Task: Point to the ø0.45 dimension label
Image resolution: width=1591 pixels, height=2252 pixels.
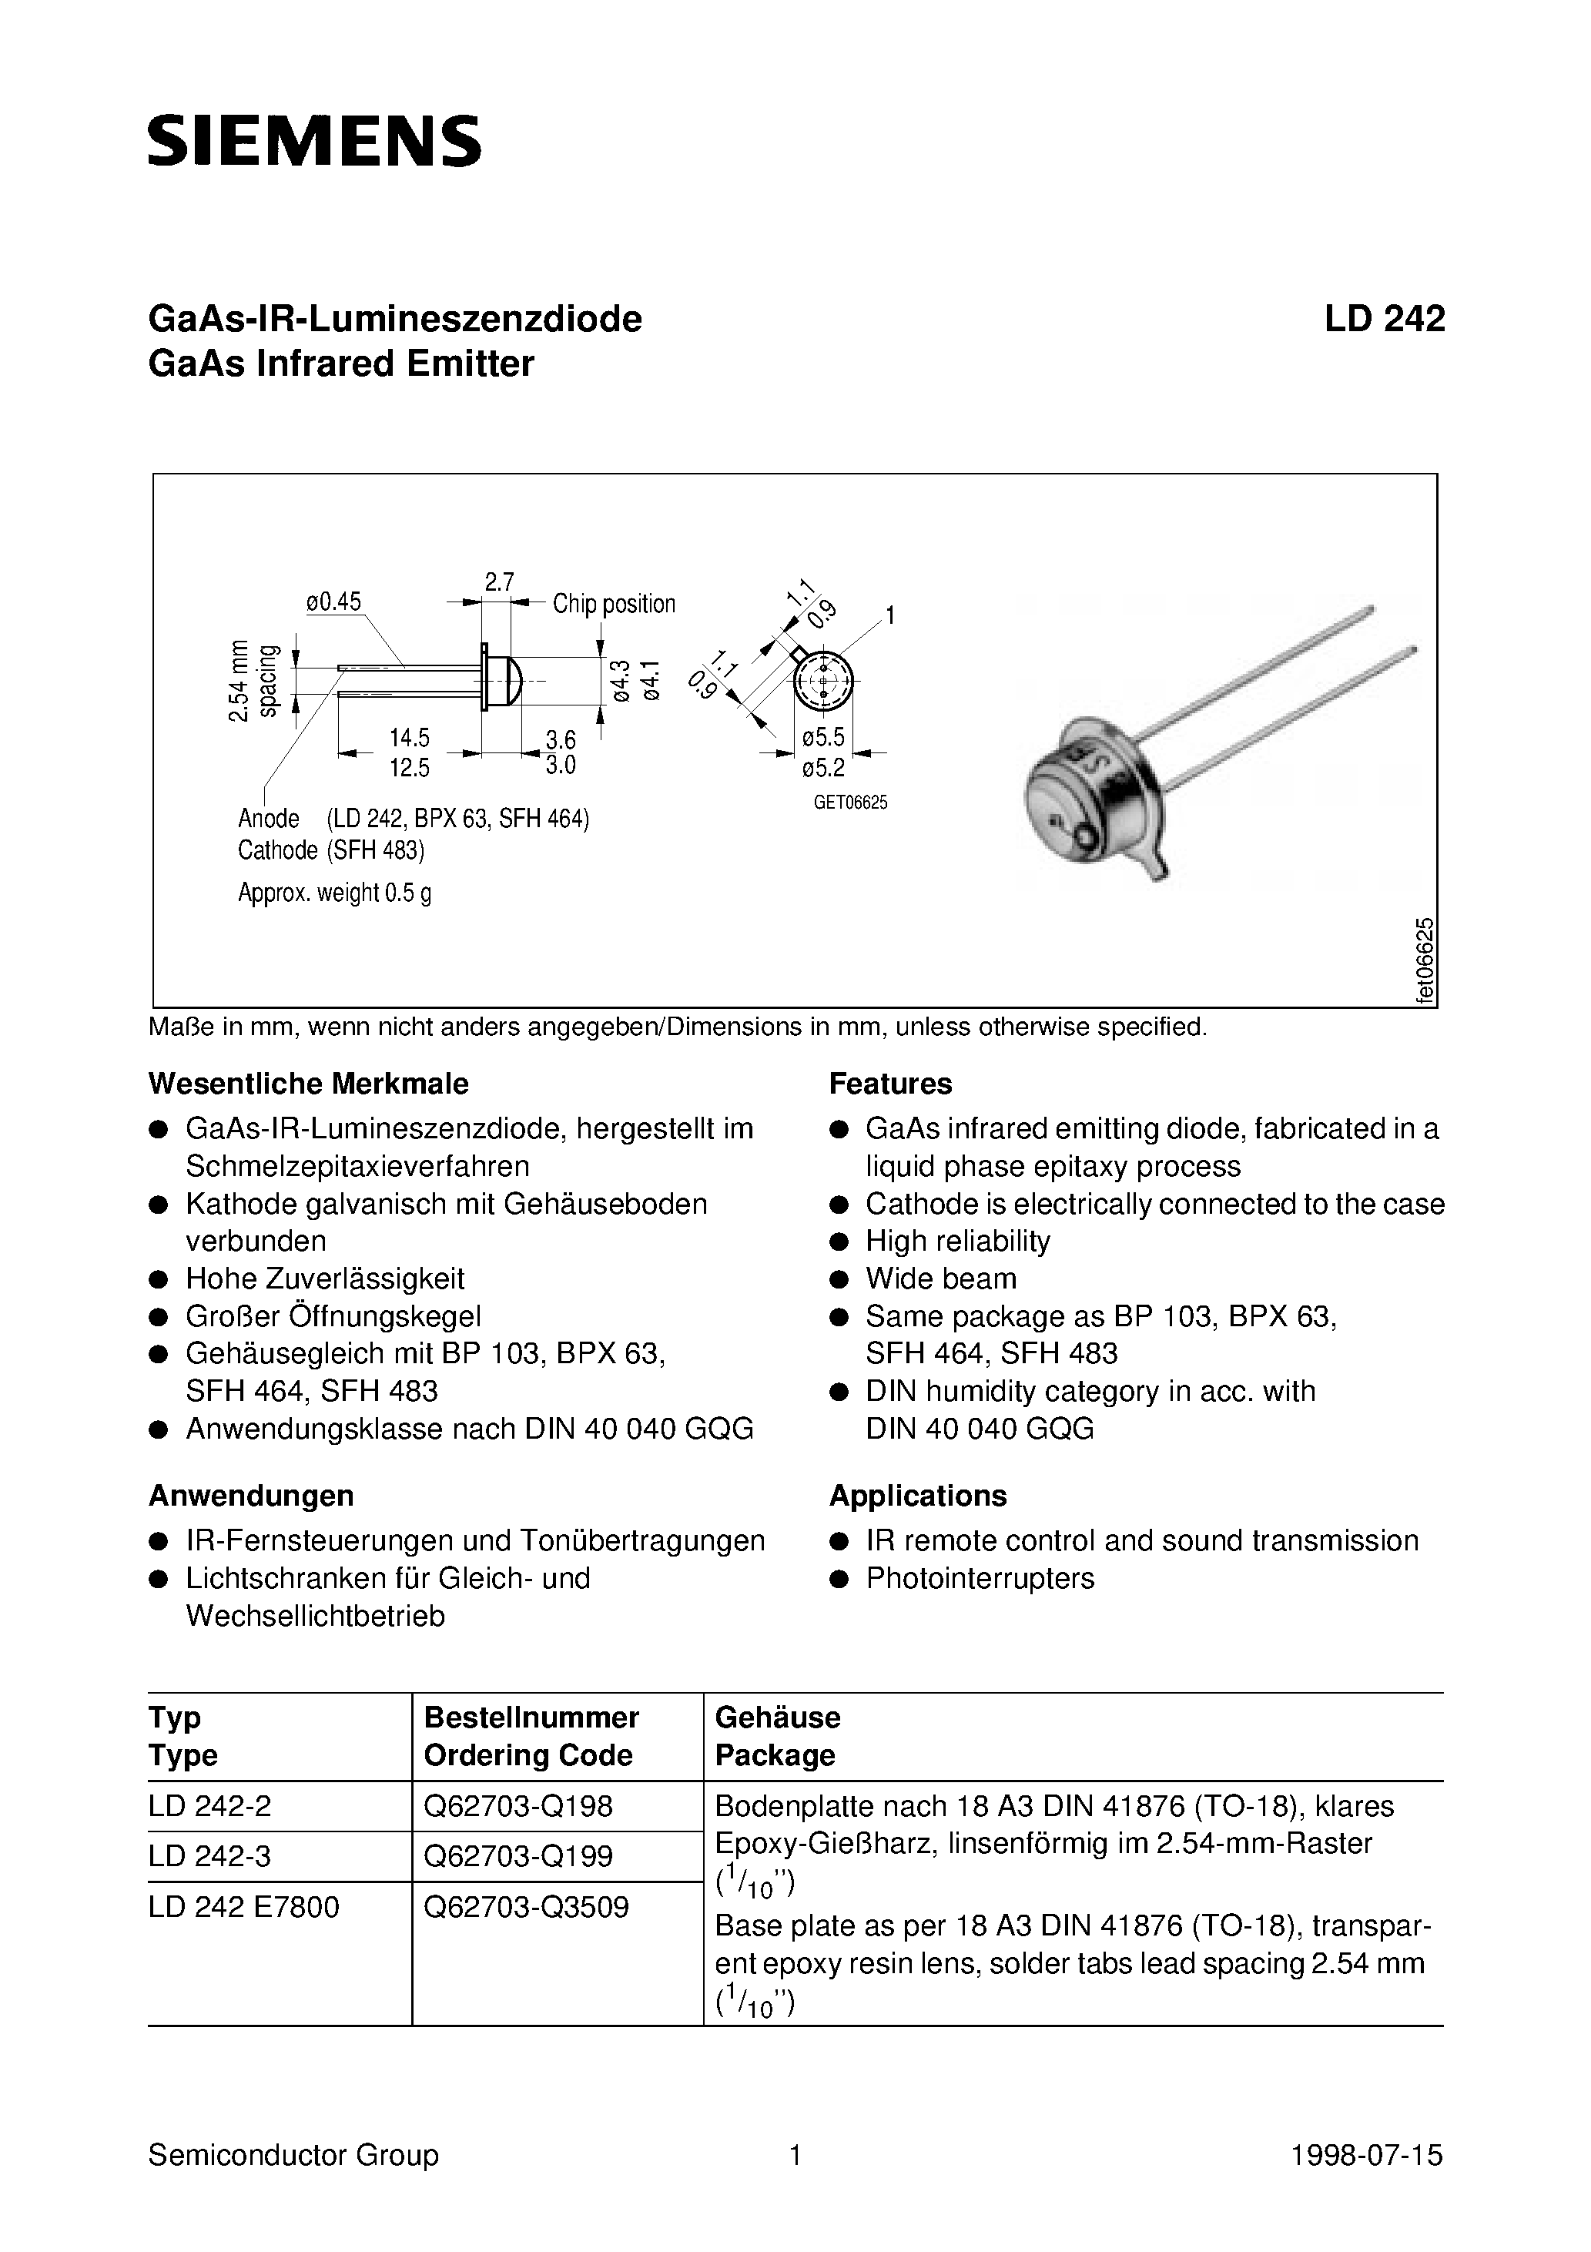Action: coord(333,602)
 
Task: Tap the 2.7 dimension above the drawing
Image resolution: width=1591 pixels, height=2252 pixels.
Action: coord(499,581)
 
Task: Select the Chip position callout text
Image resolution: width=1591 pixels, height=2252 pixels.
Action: coord(614,603)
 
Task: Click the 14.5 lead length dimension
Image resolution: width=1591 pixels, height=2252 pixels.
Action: coord(409,738)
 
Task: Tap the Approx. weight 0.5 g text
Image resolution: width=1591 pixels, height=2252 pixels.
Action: coord(334,893)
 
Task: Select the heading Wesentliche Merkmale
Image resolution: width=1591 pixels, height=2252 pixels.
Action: coord(308,1084)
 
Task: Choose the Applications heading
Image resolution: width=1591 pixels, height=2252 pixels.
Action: coord(917,1496)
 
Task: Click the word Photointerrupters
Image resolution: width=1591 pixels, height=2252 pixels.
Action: coord(980,1578)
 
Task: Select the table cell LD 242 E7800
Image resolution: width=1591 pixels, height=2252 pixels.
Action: coord(244,1907)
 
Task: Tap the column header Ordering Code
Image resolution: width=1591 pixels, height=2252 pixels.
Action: coord(528,1754)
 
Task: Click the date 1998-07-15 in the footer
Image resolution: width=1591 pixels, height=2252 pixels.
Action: coord(1366,2155)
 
